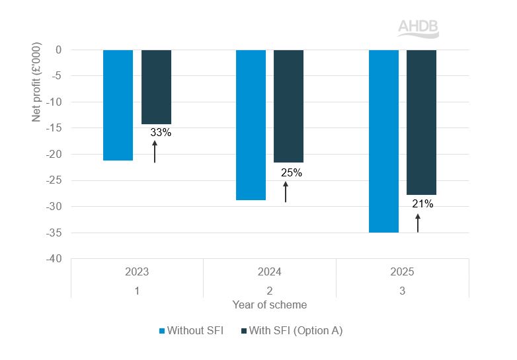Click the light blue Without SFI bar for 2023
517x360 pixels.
[x=118, y=105]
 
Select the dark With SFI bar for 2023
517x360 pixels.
[x=156, y=87]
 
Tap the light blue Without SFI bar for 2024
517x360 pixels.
[x=251, y=125]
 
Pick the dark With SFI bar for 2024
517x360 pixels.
[x=288, y=106]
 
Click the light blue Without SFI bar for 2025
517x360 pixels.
[x=383, y=141]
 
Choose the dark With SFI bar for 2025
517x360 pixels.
[x=421, y=122]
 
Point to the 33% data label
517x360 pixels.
[x=161, y=133]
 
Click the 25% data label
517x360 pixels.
[x=291, y=173]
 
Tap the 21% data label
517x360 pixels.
[x=422, y=204]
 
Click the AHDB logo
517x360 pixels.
[x=418, y=28]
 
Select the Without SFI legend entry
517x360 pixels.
[x=191, y=330]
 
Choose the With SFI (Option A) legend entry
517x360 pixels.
[x=292, y=330]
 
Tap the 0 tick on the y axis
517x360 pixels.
[x=58, y=50]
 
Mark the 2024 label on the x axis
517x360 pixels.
[x=269, y=271]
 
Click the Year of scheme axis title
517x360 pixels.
[x=269, y=305]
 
